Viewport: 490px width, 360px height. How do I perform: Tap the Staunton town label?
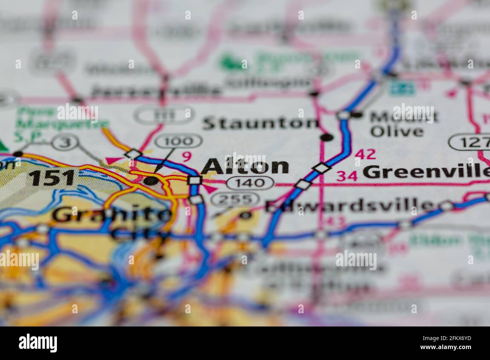(x=260, y=124)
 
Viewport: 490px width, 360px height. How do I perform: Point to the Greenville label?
(x=426, y=172)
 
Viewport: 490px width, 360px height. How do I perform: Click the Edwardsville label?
(x=349, y=206)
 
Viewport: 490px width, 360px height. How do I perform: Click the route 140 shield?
(x=250, y=183)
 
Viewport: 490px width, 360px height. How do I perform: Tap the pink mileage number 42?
(x=365, y=154)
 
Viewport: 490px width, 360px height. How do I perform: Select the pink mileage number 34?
(x=347, y=176)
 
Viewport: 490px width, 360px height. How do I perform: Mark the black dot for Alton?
(x=152, y=181)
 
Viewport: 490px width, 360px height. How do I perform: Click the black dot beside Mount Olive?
(x=358, y=114)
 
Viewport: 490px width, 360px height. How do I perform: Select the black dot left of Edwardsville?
(x=245, y=215)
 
